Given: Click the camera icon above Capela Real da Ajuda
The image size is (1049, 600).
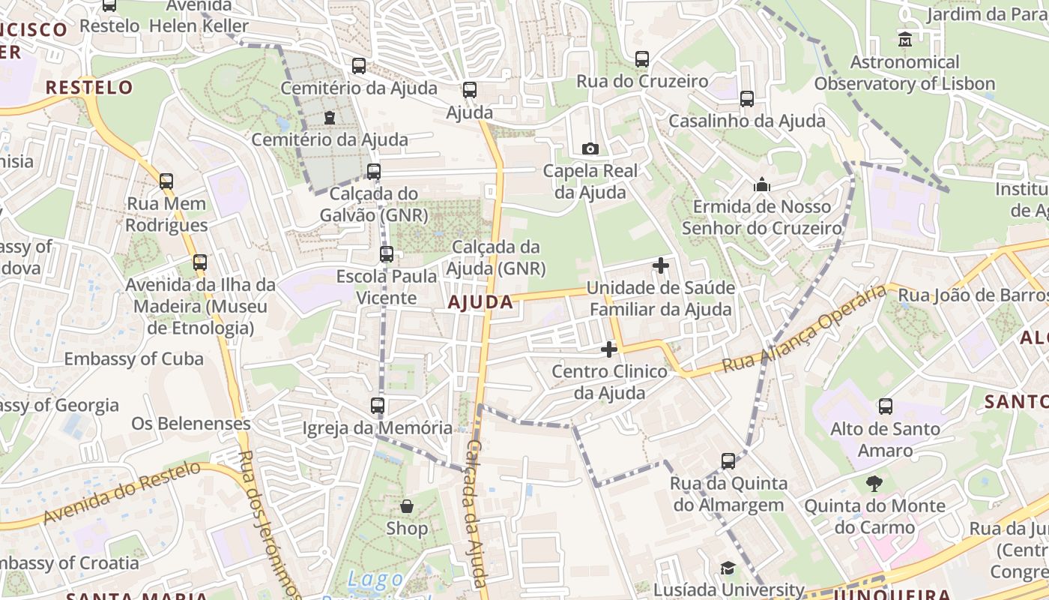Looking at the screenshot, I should tap(590, 148).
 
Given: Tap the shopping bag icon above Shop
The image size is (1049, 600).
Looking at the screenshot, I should tap(407, 506).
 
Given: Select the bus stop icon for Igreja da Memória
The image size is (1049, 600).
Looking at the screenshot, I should tap(378, 406).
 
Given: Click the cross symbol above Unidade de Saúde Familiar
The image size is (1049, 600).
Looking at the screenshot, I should tap(661, 265).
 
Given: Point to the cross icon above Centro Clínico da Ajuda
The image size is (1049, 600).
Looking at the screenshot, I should tap(609, 349).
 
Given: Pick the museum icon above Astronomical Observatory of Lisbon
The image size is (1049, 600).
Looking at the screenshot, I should tap(904, 39).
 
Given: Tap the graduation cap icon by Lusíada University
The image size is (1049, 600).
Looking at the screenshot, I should tap(728, 568).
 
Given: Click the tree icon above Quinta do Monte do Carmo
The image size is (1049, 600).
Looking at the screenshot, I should tap(874, 484).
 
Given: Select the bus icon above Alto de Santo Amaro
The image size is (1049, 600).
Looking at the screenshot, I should tap(886, 406).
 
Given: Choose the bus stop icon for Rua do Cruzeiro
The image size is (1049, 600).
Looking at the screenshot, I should tap(642, 58).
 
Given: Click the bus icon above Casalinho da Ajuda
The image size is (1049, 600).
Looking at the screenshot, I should tap(747, 99).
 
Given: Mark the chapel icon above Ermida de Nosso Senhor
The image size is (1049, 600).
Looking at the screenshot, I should tap(762, 184).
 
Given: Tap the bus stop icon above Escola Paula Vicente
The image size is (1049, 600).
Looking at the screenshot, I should tap(387, 254).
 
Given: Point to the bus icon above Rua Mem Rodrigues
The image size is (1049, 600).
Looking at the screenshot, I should tap(166, 181).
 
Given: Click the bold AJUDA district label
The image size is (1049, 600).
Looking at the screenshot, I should tap(480, 302).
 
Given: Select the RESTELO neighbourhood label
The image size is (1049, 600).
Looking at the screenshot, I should tap(89, 87).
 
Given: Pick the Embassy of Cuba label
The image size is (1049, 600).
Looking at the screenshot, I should tap(133, 358).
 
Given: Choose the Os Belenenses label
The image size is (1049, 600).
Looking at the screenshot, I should tap(191, 423).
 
